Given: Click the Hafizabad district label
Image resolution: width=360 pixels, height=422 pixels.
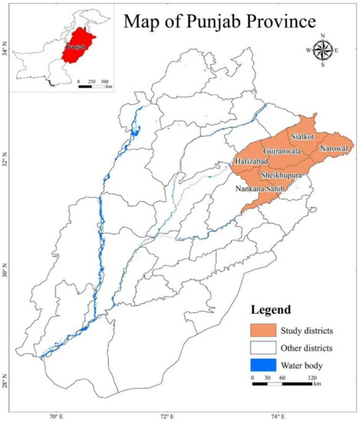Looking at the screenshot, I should point(253,162).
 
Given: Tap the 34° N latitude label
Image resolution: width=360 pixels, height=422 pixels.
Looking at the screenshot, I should point(6,53).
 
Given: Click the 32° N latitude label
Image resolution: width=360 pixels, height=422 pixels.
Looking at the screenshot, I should point(6,163).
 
